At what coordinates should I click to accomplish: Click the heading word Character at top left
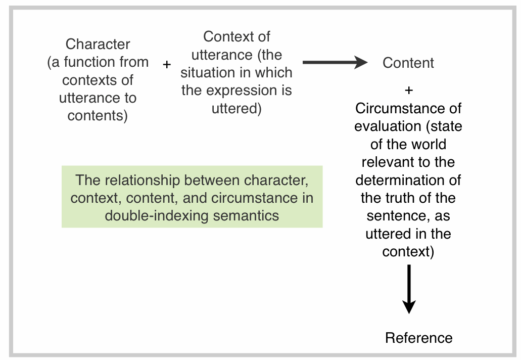[x=98, y=44]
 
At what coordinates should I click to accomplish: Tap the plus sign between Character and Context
[x=167, y=65]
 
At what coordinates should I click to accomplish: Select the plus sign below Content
[x=409, y=91]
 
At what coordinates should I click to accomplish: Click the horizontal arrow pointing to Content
[x=336, y=63]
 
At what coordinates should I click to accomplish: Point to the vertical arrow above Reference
[x=409, y=289]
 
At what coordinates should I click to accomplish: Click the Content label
[x=408, y=63]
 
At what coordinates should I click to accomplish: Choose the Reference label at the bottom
[x=419, y=338]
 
